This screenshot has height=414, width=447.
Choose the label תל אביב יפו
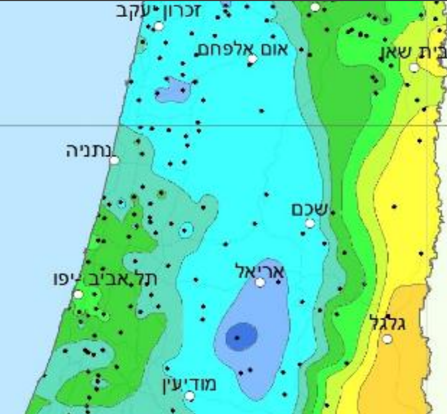[x=105, y=277]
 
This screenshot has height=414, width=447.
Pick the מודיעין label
[x=189, y=384]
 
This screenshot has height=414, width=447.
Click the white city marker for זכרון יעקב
[x=159, y=26]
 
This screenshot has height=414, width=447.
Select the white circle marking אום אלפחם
[x=252, y=59]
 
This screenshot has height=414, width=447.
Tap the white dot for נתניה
[x=114, y=160]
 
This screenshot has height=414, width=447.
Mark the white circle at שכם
[x=310, y=223]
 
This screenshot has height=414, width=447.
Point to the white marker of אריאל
[x=260, y=282]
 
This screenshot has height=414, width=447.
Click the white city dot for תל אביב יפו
[x=78, y=294]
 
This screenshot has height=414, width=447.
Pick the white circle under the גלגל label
[x=388, y=339]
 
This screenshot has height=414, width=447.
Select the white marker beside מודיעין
[x=190, y=396]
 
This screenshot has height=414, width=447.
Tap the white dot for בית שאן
[x=414, y=68]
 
